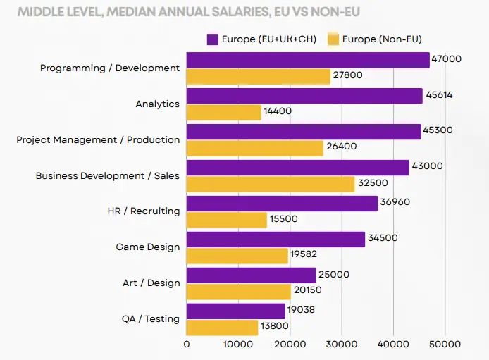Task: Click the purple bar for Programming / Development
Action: (308, 60)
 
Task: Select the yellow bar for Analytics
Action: (223, 112)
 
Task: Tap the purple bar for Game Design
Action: (276, 239)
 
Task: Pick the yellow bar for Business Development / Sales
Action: (271, 184)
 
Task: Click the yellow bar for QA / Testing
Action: (222, 327)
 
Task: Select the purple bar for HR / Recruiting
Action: (282, 203)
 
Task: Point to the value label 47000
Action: (447, 59)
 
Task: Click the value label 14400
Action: (278, 111)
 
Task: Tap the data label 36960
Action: (395, 202)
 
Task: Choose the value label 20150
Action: (308, 291)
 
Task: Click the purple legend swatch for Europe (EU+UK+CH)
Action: (212, 39)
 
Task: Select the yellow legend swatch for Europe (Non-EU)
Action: (333, 39)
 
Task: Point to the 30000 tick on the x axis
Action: (341, 345)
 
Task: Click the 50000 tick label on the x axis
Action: (445, 345)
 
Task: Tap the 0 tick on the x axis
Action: (187, 345)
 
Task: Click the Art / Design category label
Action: (151, 283)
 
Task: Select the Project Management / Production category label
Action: (98, 139)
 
